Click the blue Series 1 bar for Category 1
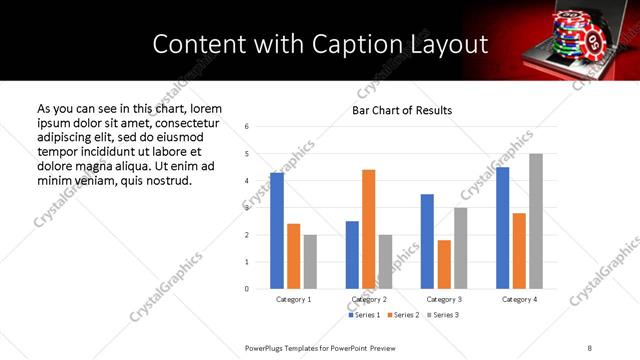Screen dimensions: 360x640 coord(277,231)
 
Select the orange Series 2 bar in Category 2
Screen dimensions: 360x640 coord(369,229)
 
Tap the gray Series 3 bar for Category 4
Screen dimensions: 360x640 coord(536,221)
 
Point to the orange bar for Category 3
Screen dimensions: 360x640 coord(444,264)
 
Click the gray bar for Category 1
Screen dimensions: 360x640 coord(310,262)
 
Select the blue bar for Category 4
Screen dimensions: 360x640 coord(502,228)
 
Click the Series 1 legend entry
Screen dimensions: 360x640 coord(364,315)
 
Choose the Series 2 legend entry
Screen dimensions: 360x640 coord(402,315)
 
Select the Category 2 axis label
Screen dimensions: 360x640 coord(369,299)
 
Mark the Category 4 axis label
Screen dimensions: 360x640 coord(519,299)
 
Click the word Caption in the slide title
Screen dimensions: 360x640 coord(375,45)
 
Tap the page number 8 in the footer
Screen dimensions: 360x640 coord(590,346)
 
